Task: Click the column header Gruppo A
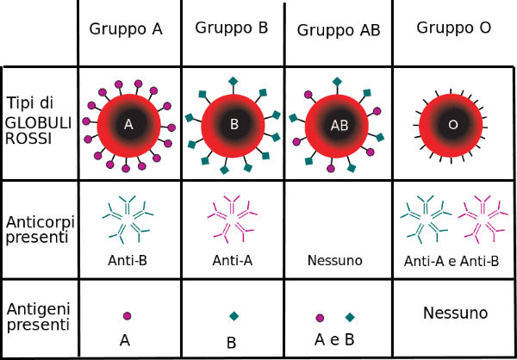(126, 29)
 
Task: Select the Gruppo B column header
(232, 28)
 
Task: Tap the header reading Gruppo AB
(339, 30)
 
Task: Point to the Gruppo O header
(454, 28)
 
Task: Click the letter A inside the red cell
(128, 125)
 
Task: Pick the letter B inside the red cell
(234, 125)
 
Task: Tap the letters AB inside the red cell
(339, 126)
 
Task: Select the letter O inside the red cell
(453, 125)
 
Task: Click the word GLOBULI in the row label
(38, 124)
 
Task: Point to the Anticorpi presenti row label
(40, 229)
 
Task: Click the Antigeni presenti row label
(38, 316)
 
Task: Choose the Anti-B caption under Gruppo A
(128, 260)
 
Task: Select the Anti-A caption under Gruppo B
(233, 260)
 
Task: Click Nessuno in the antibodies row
(335, 260)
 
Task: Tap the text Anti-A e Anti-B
(452, 262)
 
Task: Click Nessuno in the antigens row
(455, 313)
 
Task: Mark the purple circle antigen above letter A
(127, 316)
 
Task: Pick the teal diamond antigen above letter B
(234, 316)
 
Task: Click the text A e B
(334, 339)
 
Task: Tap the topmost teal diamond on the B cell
(234, 81)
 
